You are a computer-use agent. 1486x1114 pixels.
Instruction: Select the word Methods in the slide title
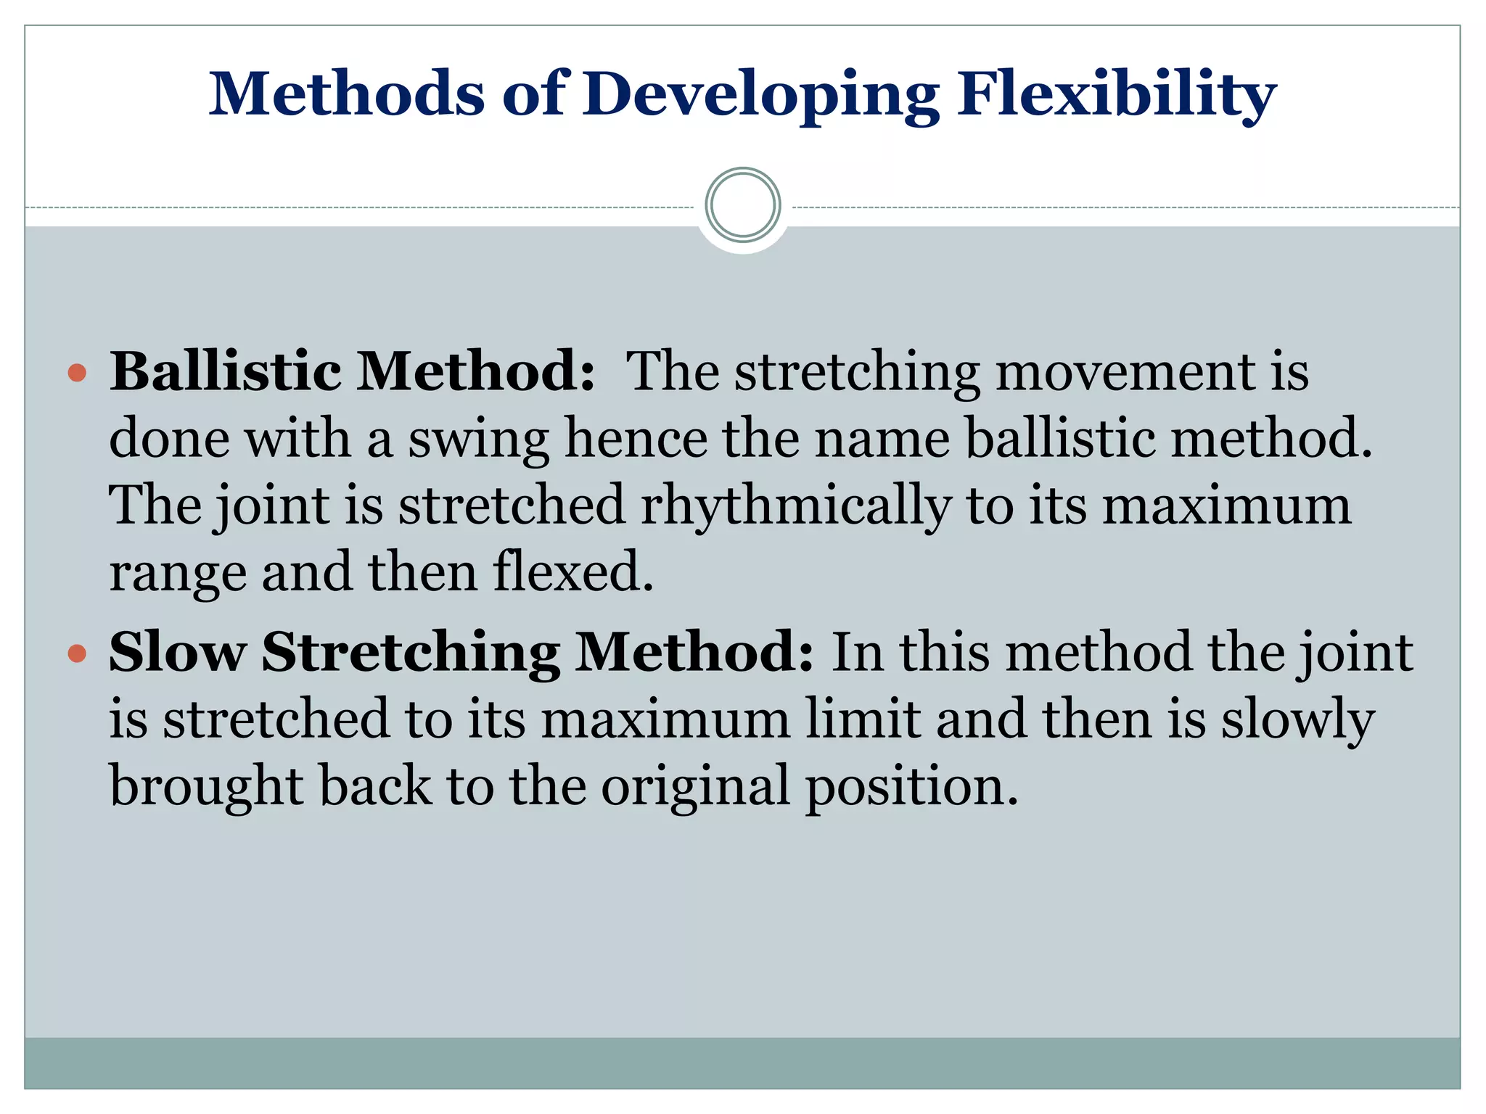click(x=347, y=94)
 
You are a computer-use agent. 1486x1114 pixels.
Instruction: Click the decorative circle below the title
click(x=743, y=205)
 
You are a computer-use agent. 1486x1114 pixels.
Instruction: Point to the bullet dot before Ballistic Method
click(x=77, y=374)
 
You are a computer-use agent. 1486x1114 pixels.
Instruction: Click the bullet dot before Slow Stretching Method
click(x=77, y=654)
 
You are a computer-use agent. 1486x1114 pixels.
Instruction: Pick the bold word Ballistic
click(x=226, y=371)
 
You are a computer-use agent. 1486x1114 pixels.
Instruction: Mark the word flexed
click(x=573, y=572)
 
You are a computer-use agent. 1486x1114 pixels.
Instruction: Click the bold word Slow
click(x=178, y=652)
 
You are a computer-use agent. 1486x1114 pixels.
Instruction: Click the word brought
click(x=206, y=787)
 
